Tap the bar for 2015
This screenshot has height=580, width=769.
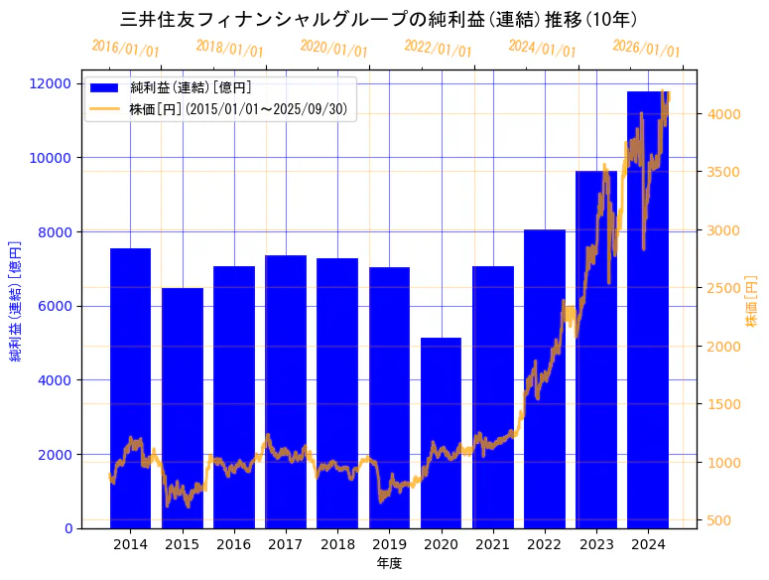pos(183,408)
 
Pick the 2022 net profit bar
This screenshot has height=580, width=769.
pos(545,378)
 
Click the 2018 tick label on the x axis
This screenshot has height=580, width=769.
pos(337,544)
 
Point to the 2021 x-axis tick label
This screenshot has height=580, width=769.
pos(493,544)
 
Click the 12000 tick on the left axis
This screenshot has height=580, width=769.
pos(54,83)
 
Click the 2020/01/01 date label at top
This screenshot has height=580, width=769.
pos(334,49)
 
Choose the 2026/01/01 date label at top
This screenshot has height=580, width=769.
pos(647,49)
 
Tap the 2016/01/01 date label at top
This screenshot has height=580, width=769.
pos(126,49)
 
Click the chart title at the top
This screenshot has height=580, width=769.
pos(379,19)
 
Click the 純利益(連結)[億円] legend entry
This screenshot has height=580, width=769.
pos(188,89)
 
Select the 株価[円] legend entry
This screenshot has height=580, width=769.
pos(238,109)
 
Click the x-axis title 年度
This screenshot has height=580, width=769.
pos(389,564)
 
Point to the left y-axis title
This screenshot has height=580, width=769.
pos(16,300)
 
